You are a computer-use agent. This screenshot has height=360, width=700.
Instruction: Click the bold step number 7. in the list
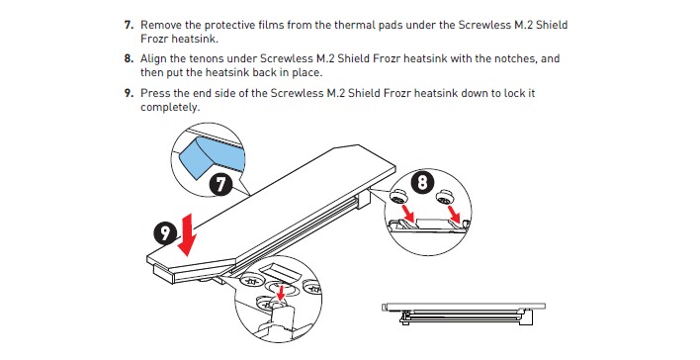129,25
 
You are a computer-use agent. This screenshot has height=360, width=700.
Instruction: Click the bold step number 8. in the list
129,58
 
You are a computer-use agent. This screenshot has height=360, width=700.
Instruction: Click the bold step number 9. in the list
129,93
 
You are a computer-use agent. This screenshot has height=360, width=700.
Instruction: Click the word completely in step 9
170,107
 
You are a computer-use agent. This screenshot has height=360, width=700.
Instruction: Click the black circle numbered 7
220,184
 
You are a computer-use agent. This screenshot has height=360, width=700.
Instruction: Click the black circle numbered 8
422,183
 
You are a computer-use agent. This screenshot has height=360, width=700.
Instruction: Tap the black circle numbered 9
166,232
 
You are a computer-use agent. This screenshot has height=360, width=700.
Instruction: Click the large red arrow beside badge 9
187,235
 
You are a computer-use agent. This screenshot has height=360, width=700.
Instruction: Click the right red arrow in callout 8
454,213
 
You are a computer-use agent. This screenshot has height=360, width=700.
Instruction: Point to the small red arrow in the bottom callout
281,293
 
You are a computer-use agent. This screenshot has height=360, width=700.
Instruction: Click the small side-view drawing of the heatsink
464,314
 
